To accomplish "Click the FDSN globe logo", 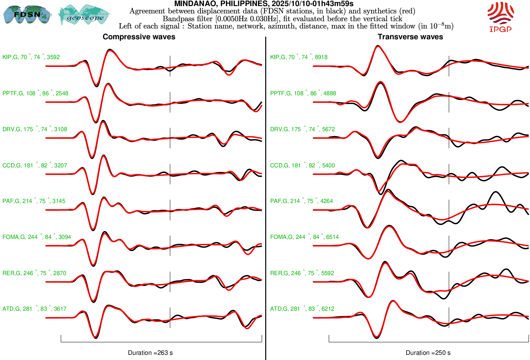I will tap(27, 14).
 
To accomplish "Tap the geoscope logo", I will tap(84, 15).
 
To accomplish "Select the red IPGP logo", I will tap(500, 17).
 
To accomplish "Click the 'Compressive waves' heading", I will tap(139, 37).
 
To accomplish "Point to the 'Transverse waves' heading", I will tap(410, 37).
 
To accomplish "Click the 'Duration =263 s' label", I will tap(150, 353).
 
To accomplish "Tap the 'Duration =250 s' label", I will tap(428, 353).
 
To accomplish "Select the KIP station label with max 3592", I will tap(31, 57).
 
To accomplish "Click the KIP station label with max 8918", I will tap(299, 57).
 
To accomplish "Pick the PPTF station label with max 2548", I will tap(35, 93).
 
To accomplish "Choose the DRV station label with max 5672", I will tap(302, 129).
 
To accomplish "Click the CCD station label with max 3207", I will tap(35, 166).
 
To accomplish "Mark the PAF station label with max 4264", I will tap(301, 201).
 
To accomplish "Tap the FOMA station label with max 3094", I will tap(37, 237).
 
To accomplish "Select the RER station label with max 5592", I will tap(302, 273).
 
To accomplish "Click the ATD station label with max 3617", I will tap(34, 309).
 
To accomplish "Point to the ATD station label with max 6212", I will tap(302, 309).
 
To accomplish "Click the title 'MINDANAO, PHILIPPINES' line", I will tap(264, 4).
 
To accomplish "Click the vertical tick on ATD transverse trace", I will tap(449, 318).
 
